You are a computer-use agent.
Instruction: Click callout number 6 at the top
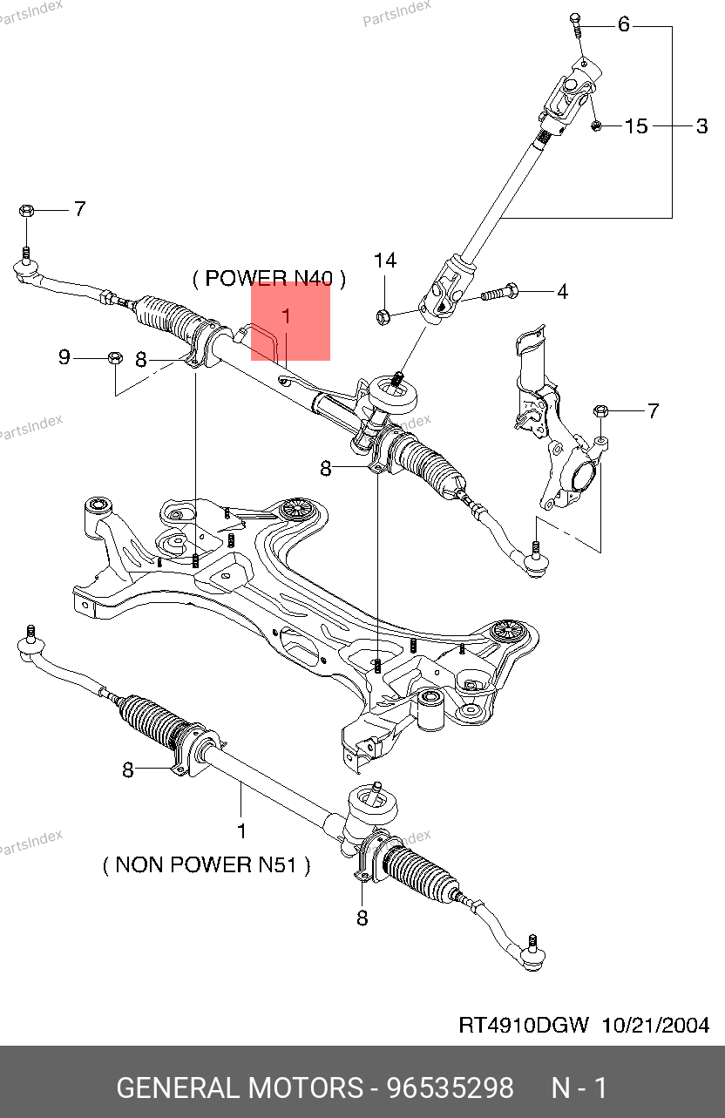(623, 24)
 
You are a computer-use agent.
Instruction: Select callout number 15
(637, 126)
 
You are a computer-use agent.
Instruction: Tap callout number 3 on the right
(702, 126)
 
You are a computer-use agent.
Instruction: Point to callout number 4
(562, 292)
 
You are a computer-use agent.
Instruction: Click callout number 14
(385, 261)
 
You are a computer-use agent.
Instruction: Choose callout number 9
(64, 357)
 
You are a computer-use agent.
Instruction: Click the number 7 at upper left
(79, 209)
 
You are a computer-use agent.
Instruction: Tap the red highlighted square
(290, 321)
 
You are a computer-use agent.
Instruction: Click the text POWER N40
(269, 279)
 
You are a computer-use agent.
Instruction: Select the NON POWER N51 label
(207, 865)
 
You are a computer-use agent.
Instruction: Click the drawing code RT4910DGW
(524, 1025)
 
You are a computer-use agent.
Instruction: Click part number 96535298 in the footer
(450, 1088)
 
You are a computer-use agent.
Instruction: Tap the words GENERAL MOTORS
(240, 1088)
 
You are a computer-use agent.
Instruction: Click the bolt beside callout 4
(498, 292)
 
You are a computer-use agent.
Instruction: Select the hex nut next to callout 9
(114, 357)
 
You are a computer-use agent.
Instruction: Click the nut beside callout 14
(383, 315)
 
